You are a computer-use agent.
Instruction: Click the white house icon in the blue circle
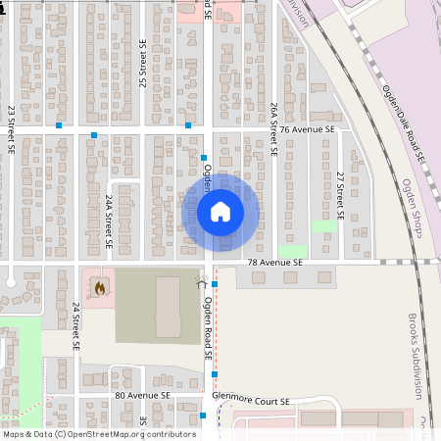click(220, 211)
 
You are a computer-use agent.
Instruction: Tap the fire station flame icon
click(99, 288)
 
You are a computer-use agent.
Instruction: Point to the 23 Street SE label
click(12, 130)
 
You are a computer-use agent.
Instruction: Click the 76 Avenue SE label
click(307, 128)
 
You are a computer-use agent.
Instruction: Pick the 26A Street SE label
click(275, 123)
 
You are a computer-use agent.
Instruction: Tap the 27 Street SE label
click(340, 194)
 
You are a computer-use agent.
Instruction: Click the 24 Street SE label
click(75, 325)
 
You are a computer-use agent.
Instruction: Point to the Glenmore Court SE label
click(251, 401)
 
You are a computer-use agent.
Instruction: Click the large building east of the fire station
click(168, 306)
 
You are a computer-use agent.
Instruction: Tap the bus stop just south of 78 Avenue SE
click(215, 284)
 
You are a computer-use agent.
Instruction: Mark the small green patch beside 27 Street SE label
click(323, 226)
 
